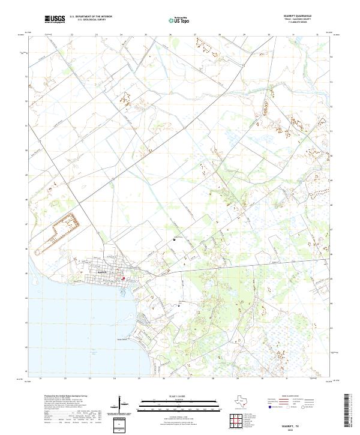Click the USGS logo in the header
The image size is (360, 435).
[55, 20]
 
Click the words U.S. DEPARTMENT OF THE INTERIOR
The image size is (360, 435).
[91, 16]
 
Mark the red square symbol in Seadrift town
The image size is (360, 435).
[124, 278]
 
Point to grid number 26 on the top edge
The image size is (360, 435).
[171, 35]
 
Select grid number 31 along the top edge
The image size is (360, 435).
[294, 35]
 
